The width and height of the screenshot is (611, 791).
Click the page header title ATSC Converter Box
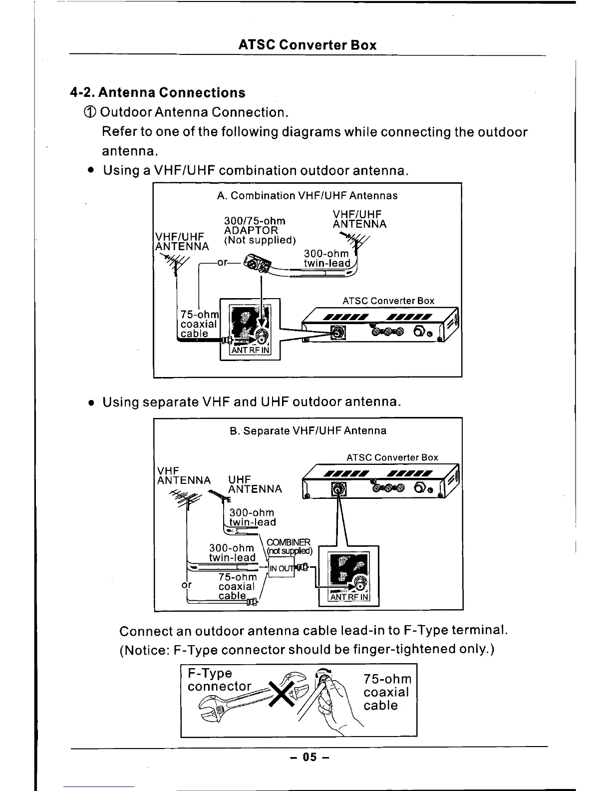307,45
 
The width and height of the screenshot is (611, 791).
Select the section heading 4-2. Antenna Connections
158,93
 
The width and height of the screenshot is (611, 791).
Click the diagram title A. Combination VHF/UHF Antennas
307,196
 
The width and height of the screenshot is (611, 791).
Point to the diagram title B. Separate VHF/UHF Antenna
308,430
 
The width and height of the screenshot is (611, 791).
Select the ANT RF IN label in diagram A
250,350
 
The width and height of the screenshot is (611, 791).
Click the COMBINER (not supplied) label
289,547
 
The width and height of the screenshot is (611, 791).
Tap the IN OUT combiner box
281,568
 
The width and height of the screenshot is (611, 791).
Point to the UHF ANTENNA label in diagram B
255,484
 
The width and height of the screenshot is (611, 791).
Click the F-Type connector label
219,680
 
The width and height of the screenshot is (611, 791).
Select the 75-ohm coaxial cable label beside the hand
387,692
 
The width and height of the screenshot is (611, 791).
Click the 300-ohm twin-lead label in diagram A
326,259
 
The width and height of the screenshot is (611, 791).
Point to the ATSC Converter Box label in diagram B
392,457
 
